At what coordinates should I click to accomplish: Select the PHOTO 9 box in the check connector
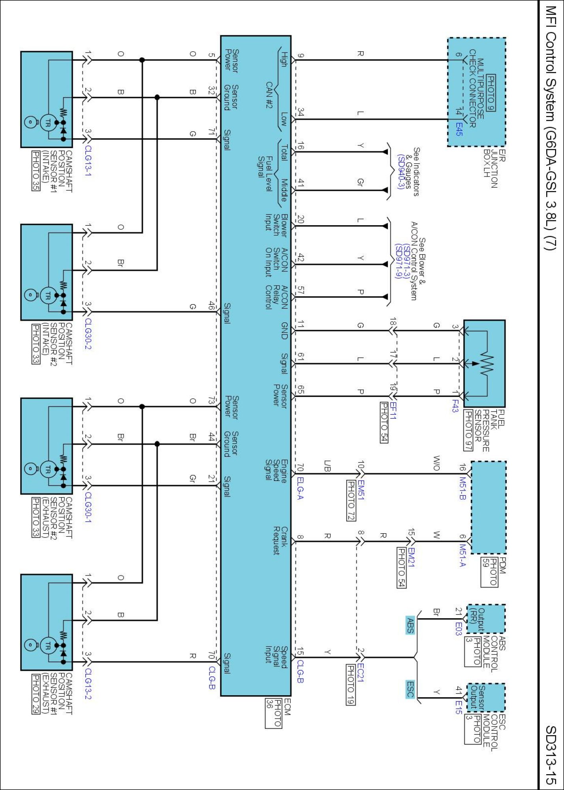(491, 93)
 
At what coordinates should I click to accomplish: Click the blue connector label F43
(455, 406)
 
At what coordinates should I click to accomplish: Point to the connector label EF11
(393, 411)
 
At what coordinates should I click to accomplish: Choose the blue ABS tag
(410, 625)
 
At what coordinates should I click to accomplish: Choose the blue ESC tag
(410, 689)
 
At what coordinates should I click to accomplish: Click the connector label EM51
(361, 490)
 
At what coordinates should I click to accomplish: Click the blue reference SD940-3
(401, 171)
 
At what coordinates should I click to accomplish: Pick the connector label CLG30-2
(88, 334)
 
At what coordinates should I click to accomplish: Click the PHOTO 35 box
(36, 171)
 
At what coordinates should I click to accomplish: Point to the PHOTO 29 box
(36, 694)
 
